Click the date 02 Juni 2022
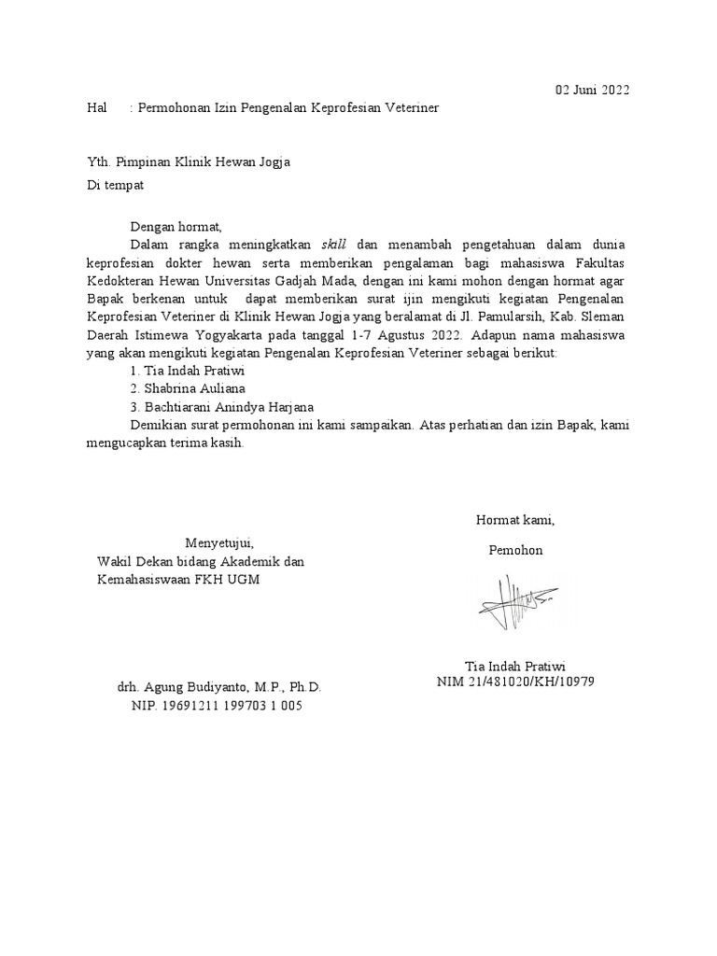pyautogui.click(x=592, y=90)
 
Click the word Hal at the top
pyautogui.click(x=97, y=108)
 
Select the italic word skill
pyautogui.click(x=333, y=244)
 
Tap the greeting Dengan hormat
pyautogui.click(x=176, y=225)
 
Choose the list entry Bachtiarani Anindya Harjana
pyautogui.click(x=224, y=406)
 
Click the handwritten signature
pyautogui.click(x=516, y=603)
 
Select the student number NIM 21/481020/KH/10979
pyautogui.click(x=515, y=682)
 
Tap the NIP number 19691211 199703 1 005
pyautogui.click(x=217, y=706)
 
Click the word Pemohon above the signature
pyautogui.click(x=515, y=550)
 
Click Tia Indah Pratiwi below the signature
pyautogui.click(x=515, y=666)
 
